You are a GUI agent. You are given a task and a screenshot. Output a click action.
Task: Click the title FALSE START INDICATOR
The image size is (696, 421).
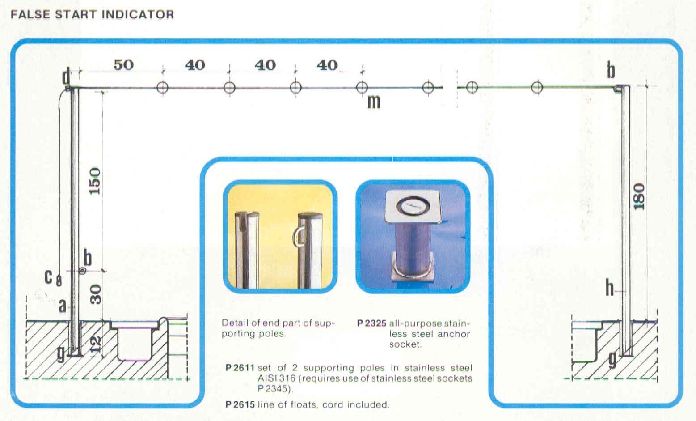click(x=92, y=14)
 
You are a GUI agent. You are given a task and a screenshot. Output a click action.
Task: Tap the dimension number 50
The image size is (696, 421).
click(x=124, y=65)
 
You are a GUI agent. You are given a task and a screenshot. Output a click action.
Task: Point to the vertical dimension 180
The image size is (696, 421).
click(x=639, y=196)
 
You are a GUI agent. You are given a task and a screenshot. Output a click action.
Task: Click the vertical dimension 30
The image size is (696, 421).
click(x=96, y=294)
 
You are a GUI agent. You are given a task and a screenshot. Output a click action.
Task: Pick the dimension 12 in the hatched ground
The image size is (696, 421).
click(x=96, y=344)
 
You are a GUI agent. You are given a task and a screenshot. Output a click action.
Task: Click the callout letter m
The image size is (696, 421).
click(x=374, y=102)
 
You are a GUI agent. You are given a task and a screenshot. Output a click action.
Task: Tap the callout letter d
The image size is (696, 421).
click(x=66, y=77)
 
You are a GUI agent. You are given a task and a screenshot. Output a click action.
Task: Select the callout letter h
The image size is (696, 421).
click(x=610, y=288)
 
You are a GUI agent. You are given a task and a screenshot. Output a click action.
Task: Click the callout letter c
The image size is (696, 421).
click(x=48, y=277)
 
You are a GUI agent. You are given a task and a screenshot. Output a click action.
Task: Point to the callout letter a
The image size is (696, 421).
click(x=63, y=306)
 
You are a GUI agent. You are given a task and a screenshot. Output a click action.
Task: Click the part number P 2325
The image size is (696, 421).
click(x=371, y=323)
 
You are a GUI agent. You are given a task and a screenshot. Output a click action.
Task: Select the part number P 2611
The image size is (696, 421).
click(x=240, y=368)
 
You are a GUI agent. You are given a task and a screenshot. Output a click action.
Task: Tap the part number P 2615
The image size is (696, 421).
click(x=240, y=404)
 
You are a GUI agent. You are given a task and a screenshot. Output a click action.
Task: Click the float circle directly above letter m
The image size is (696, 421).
click(x=362, y=87)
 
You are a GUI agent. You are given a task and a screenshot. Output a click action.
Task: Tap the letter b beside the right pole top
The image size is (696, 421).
click(x=611, y=70)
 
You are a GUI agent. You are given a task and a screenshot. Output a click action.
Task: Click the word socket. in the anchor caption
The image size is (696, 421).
click(x=405, y=344)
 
